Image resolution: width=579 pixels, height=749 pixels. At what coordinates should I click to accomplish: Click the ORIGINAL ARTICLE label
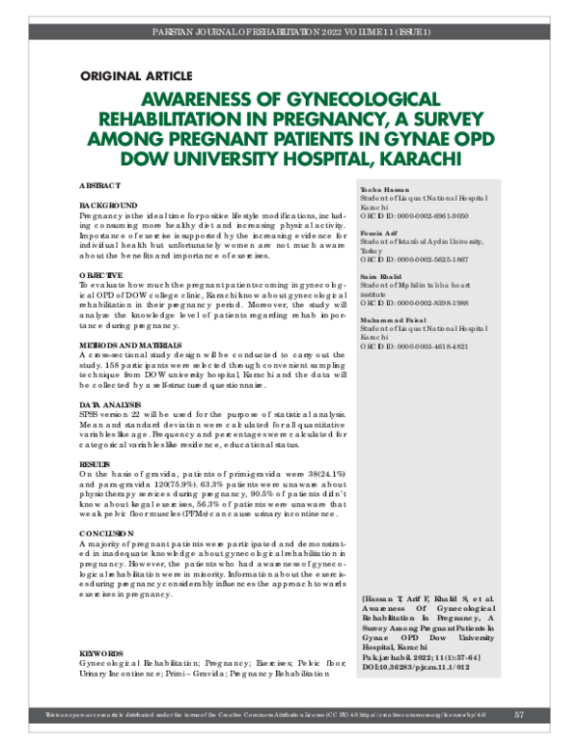point(135,76)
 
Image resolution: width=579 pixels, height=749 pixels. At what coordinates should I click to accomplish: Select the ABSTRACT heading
point(99,183)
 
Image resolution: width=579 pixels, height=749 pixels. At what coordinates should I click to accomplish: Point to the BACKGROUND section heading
point(107,207)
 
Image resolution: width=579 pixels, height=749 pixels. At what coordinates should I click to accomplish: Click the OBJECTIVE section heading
point(102,275)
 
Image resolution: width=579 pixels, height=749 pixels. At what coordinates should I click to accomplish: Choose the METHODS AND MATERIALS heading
point(129,344)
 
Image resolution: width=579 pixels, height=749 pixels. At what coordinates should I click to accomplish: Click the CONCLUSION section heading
point(107,533)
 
